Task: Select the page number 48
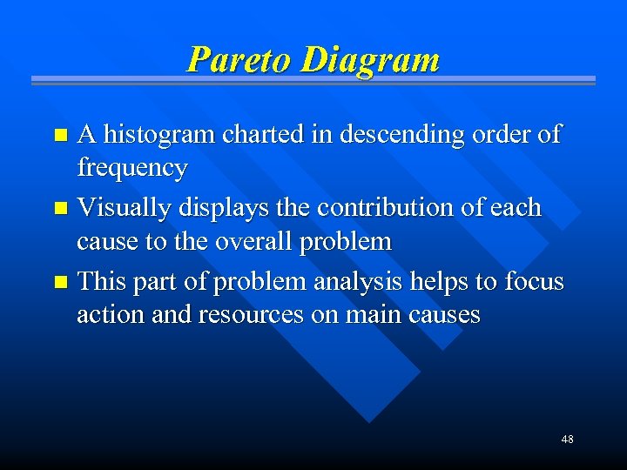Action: (x=567, y=440)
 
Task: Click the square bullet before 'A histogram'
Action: (x=60, y=136)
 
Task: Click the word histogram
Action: (x=161, y=135)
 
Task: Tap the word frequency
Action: (x=131, y=168)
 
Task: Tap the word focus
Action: (x=533, y=283)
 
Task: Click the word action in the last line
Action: (x=103, y=315)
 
